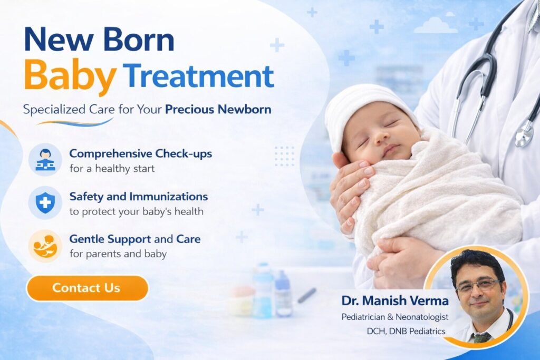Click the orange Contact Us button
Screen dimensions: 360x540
[87, 288]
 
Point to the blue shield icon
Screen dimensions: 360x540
[45, 202]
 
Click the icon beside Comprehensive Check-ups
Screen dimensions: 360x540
[45, 160]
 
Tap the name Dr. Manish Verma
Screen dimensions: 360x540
[395, 301]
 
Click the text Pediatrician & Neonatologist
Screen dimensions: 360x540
[395, 317]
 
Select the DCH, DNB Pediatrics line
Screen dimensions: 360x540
[407, 331]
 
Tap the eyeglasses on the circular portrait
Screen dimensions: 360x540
[477, 286]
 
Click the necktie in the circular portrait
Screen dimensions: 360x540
[480, 338]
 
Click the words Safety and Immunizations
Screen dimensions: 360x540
[139, 197]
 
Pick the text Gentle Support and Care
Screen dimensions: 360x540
[135, 239]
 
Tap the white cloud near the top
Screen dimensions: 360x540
[435, 26]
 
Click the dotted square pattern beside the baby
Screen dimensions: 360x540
[285, 156]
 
